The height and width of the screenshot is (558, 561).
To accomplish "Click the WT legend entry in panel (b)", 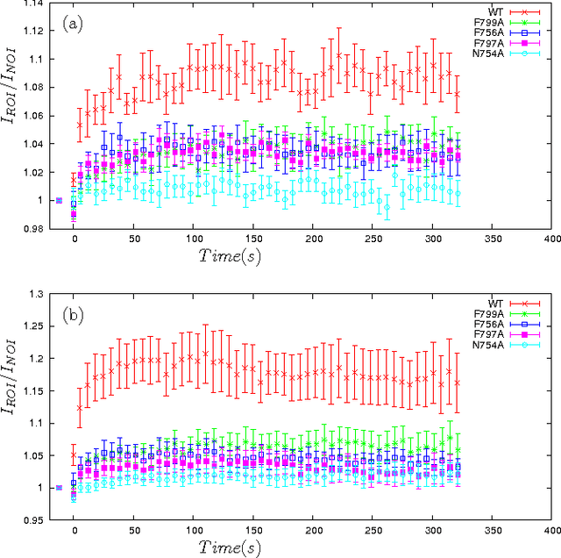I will click(x=483, y=300).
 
